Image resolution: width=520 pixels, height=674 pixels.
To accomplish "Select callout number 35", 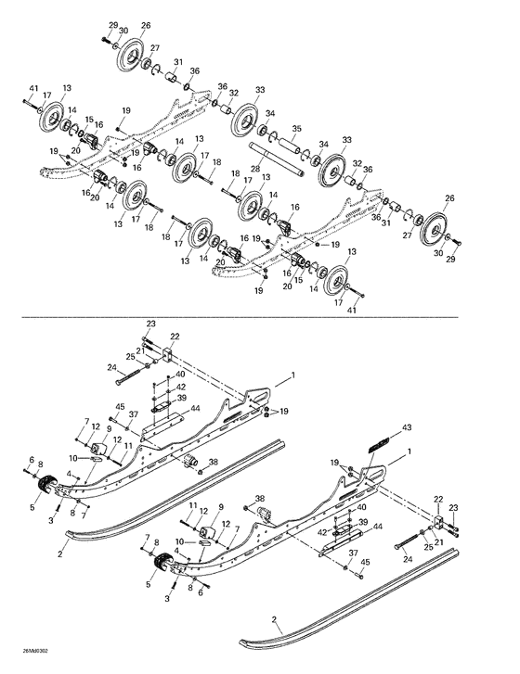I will click(296, 129).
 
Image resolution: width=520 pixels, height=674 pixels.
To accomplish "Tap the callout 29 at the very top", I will click(113, 24).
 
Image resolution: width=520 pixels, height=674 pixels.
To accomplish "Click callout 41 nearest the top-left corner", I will click(33, 88).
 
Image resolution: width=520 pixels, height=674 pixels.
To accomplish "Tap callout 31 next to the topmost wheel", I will click(178, 62).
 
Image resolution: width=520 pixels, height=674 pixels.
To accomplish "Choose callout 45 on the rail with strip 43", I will click(364, 562).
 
